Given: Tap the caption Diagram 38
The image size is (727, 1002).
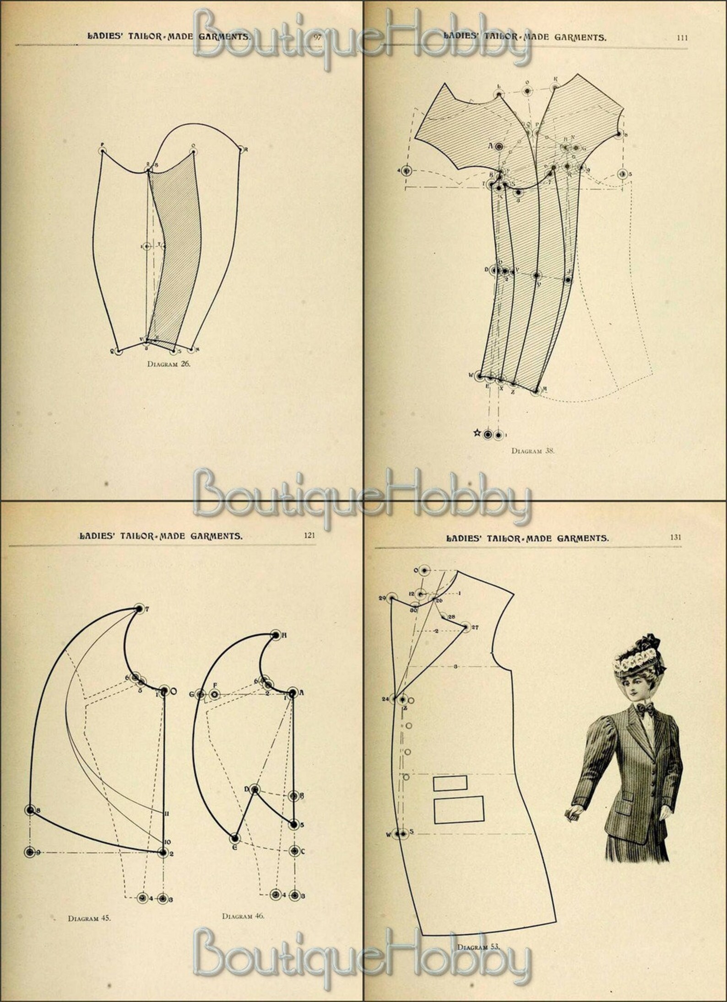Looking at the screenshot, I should pyautogui.click(x=533, y=450).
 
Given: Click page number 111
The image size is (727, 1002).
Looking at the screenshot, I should pyautogui.click(x=682, y=38).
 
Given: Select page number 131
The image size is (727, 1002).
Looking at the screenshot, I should pyautogui.click(x=675, y=537).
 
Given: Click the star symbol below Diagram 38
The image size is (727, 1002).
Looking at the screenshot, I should pyautogui.click(x=477, y=433).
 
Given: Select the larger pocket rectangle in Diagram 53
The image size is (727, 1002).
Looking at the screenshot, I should pyautogui.click(x=458, y=810).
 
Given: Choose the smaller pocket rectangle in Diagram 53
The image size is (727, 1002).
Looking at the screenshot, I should pyautogui.click(x=450, y=783).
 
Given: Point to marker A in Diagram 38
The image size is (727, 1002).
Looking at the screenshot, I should pyautogui.click(x=499, y=146).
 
